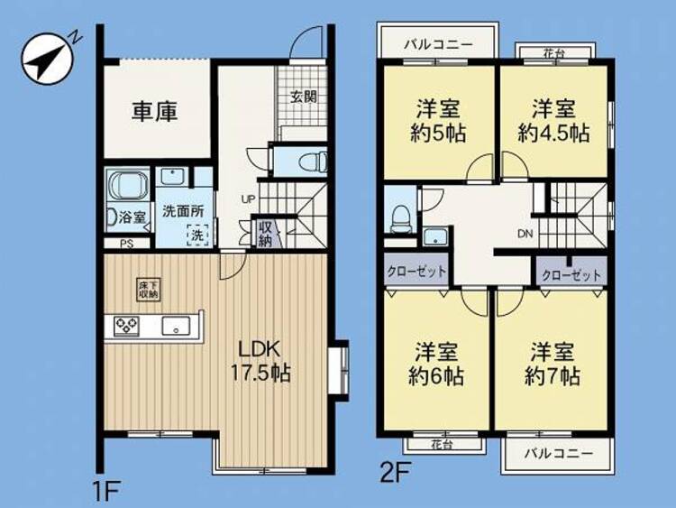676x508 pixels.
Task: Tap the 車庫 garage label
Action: [155, 112]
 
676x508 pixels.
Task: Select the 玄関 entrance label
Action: [304, 97]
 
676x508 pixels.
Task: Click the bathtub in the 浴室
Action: [128, 184]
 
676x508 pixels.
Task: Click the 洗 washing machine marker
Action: [197, 236]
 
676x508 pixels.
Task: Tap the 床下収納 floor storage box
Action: [149, 289]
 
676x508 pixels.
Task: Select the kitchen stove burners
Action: [127, 326]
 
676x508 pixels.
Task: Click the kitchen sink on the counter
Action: [176, 326]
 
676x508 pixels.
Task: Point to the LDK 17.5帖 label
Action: [261, 361]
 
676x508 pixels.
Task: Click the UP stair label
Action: [249, 199]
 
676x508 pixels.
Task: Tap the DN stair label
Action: [525, 234]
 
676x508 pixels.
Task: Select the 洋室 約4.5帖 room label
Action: [553, 121]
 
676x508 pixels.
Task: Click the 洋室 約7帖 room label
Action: [553, 364]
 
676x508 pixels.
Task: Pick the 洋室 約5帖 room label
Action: [437, 121]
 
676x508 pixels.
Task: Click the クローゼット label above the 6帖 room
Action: [416, 272]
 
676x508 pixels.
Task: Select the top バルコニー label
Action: [438, 44]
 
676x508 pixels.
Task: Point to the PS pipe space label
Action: [127, 244]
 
